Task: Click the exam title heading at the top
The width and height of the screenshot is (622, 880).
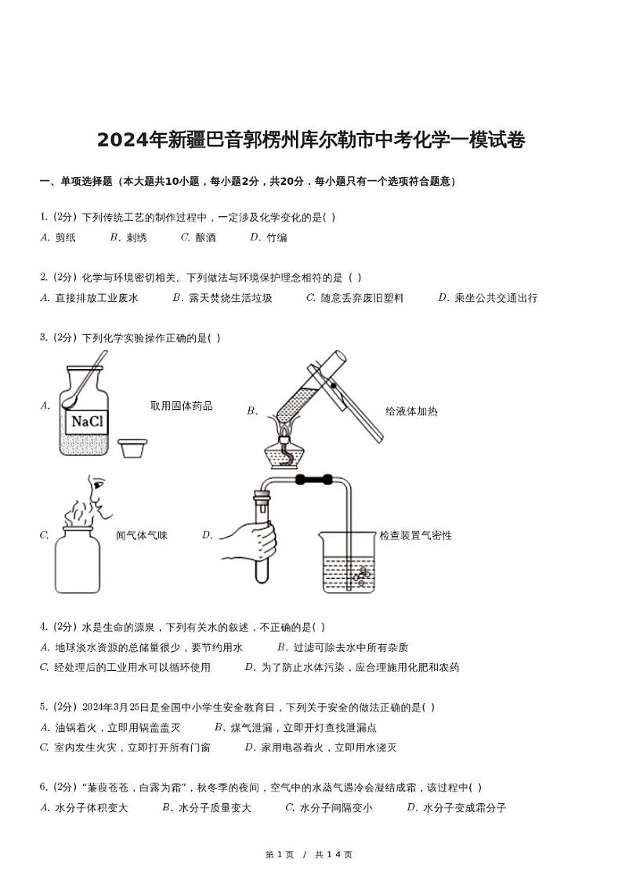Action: tap(311, 140)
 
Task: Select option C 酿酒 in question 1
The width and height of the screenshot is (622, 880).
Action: tap(198, 237)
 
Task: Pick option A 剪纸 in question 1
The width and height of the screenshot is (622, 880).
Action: tap(58, 237)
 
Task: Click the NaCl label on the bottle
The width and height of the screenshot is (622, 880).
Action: tap(87, 422)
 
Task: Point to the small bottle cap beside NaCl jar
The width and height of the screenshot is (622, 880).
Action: tap(132, 447)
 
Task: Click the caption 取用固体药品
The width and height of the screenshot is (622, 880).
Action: tap(181, 406)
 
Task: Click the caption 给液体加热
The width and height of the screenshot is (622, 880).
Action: tap(411, 411)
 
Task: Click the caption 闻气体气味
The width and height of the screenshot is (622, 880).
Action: tap(142, 535)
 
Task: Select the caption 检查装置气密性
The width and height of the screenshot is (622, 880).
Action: tap(415, 535)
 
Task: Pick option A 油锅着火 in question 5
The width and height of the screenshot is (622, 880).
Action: tap(110, 727)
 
